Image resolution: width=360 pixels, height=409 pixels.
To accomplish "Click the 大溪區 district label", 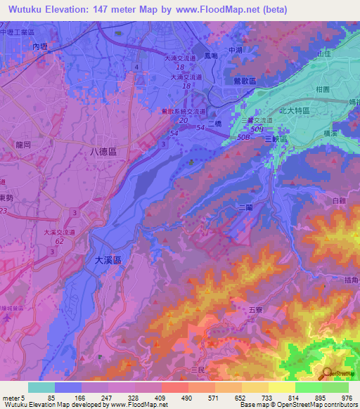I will point(108,259).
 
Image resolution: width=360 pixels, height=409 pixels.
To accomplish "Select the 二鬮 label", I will point(245,208).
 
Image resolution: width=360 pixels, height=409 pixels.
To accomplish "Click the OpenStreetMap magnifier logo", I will point(328,374).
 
